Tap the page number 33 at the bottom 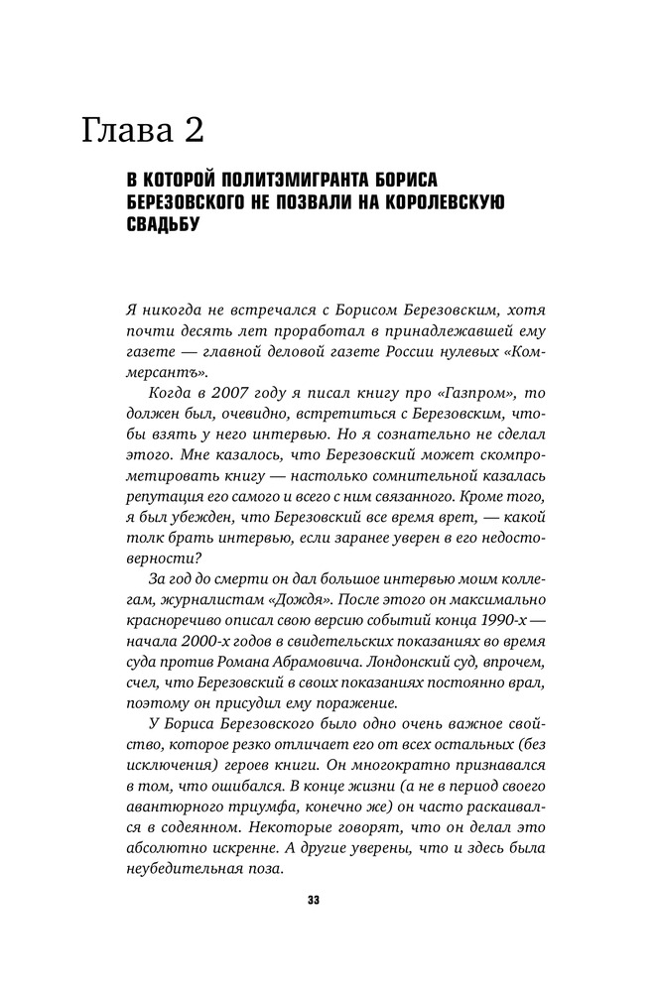pyautogui.click(x=313, y=901)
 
